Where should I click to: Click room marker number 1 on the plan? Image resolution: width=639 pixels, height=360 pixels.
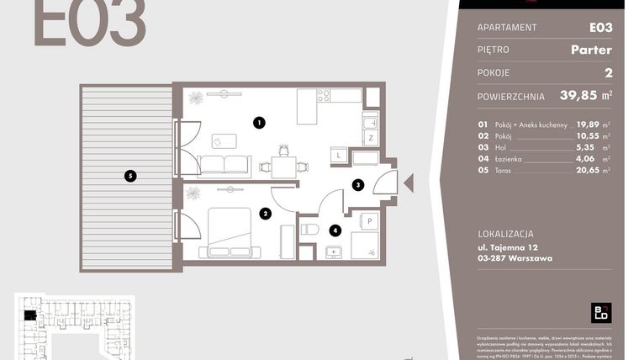click(259, 123)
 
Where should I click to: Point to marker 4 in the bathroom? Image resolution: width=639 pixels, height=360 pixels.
click(335, 229)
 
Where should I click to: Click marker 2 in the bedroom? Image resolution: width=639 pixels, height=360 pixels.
click(265, 214)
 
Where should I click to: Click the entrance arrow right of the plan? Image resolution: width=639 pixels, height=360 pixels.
click(409, 183)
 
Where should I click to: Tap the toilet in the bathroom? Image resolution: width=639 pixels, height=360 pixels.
click(309, 229)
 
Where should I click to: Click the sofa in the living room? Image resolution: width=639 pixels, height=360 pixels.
click(224, 164)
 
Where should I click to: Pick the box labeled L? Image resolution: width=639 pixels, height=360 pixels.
click(337, 156)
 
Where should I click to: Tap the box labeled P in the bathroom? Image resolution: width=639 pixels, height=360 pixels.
click(369, 220)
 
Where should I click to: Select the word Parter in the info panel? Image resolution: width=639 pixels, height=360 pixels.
click(590, 50)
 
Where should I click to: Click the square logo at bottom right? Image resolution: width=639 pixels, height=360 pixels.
click(600, 312)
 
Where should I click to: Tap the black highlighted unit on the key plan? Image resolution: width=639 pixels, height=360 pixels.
click(30, 315)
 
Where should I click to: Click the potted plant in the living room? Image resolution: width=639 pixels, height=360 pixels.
click(196, 98)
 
